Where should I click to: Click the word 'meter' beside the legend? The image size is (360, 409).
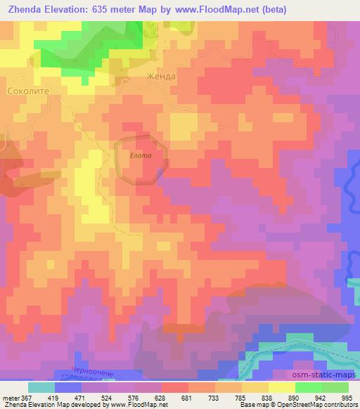click(x=8, y=398)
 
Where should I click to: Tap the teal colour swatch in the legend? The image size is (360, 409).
click(x=41, y=387)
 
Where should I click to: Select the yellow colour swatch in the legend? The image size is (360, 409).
click(x=281, y=387)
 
